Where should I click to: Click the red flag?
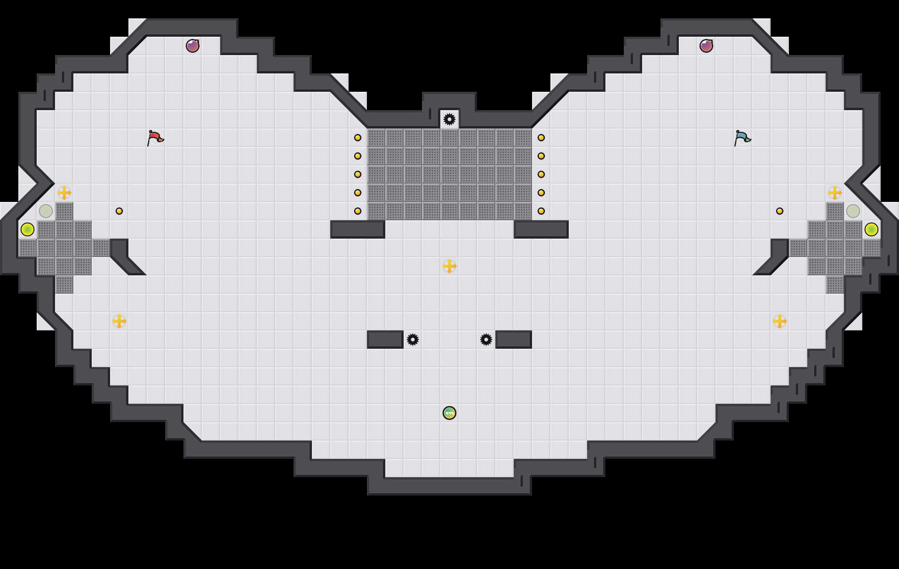click(155, 138)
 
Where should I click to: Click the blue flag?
click(742, 138)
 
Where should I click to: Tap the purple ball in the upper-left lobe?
click(193, 46)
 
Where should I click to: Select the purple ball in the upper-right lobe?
click(706, 46)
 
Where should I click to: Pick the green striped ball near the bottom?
click(449, 413)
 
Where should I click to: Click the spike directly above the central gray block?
click(449, 119)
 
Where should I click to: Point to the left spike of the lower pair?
click(413, 340)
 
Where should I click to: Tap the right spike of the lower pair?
click(486, 340)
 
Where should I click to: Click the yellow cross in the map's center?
click(449, 266)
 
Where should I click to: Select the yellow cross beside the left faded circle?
click(64, 193)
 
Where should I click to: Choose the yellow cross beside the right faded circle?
click(835, 193)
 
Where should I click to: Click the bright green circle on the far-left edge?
click(28, 229)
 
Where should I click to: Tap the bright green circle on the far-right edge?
click(871, 229)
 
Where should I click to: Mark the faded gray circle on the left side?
click(46, 211)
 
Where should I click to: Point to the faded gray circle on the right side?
click(853, 211)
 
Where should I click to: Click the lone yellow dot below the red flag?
click(119, 211)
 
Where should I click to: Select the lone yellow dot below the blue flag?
click(780, 211)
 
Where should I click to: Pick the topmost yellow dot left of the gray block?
click(358, 138)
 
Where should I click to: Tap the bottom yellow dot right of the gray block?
click(541, 211)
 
